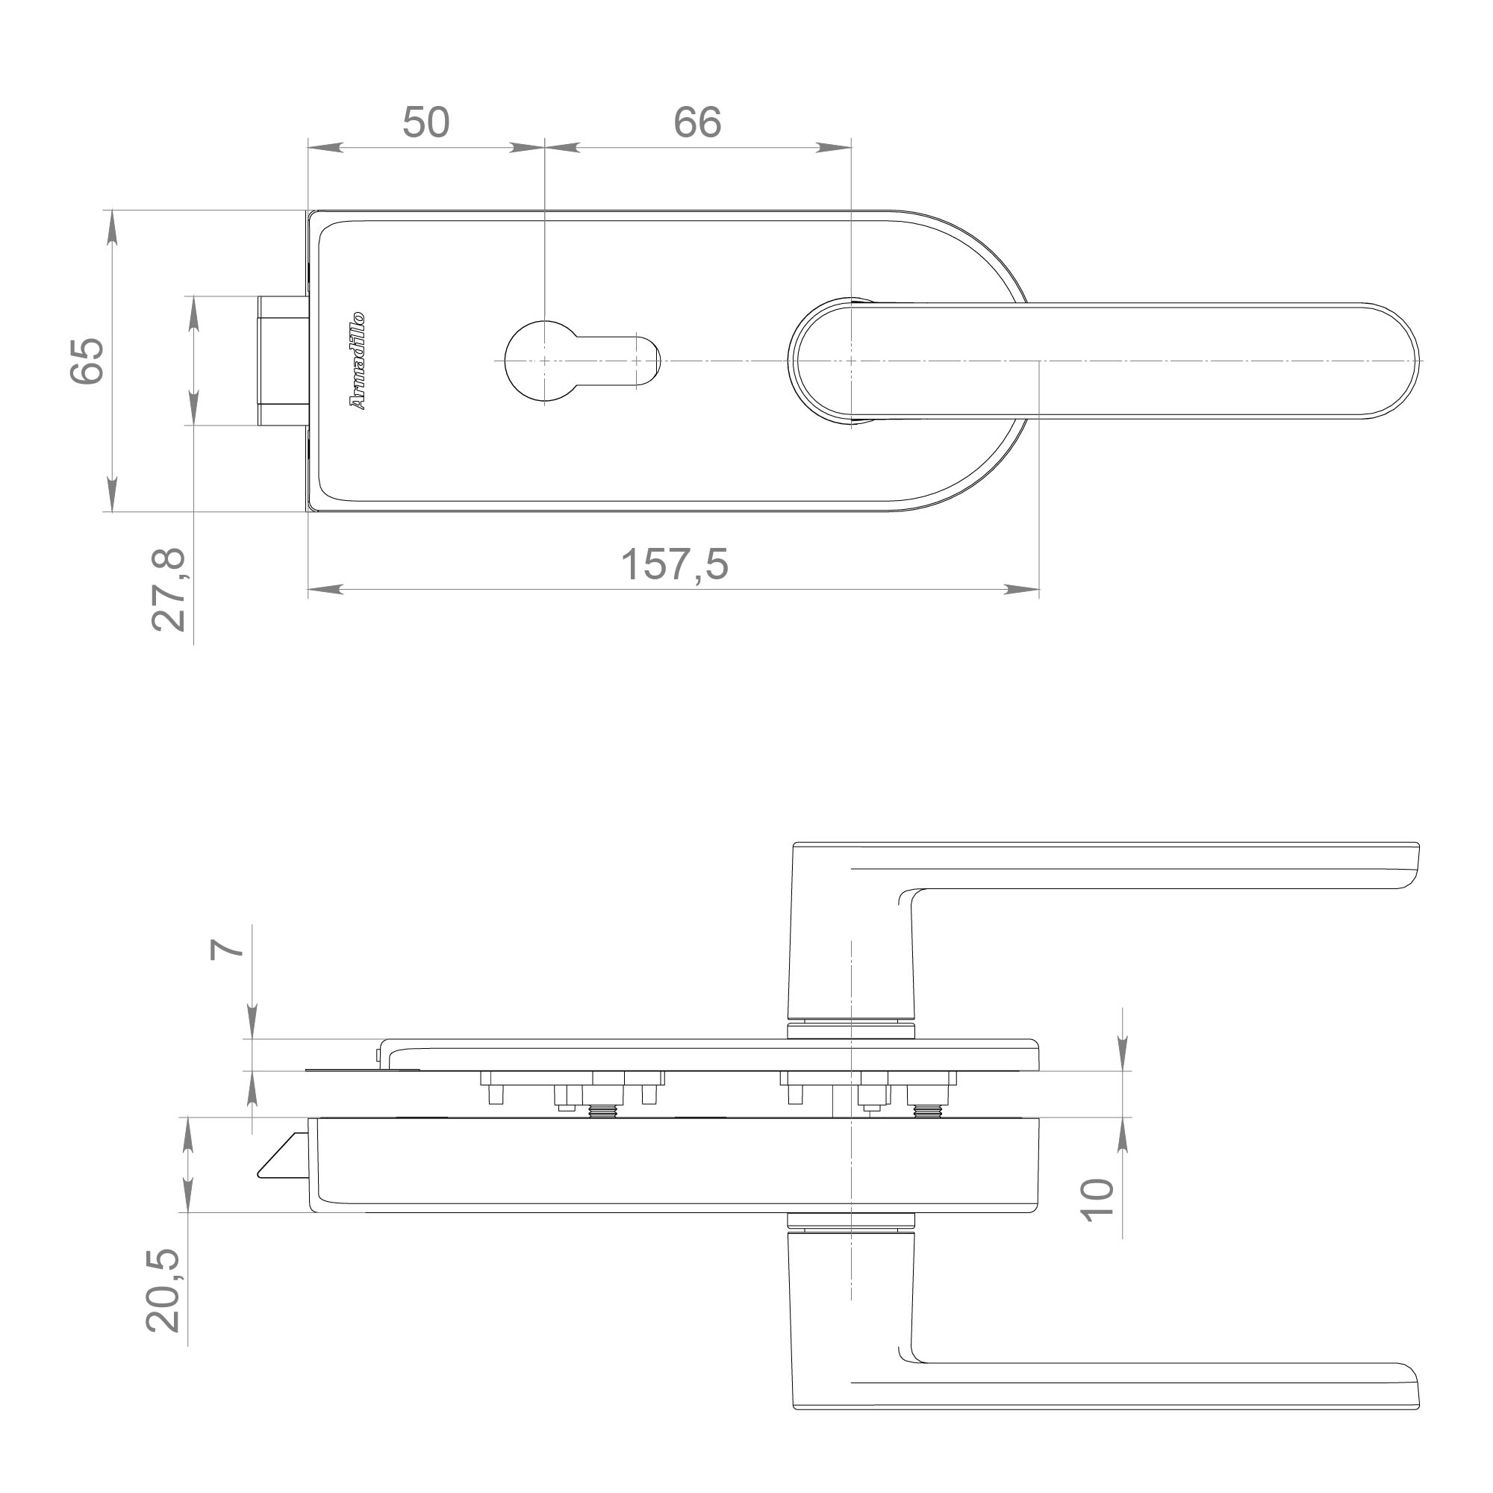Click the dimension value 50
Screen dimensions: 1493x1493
[x=426, y=122]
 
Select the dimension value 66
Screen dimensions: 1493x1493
[x=697, y=122]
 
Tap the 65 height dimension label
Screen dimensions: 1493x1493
[x=87, y=361]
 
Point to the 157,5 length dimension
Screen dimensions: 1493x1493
[x=674, y=564]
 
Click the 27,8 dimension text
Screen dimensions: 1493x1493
[x=169, y=590]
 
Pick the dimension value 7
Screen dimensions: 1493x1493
[x=227, y=949]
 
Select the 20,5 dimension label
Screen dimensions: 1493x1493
[x=163, y=1291]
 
